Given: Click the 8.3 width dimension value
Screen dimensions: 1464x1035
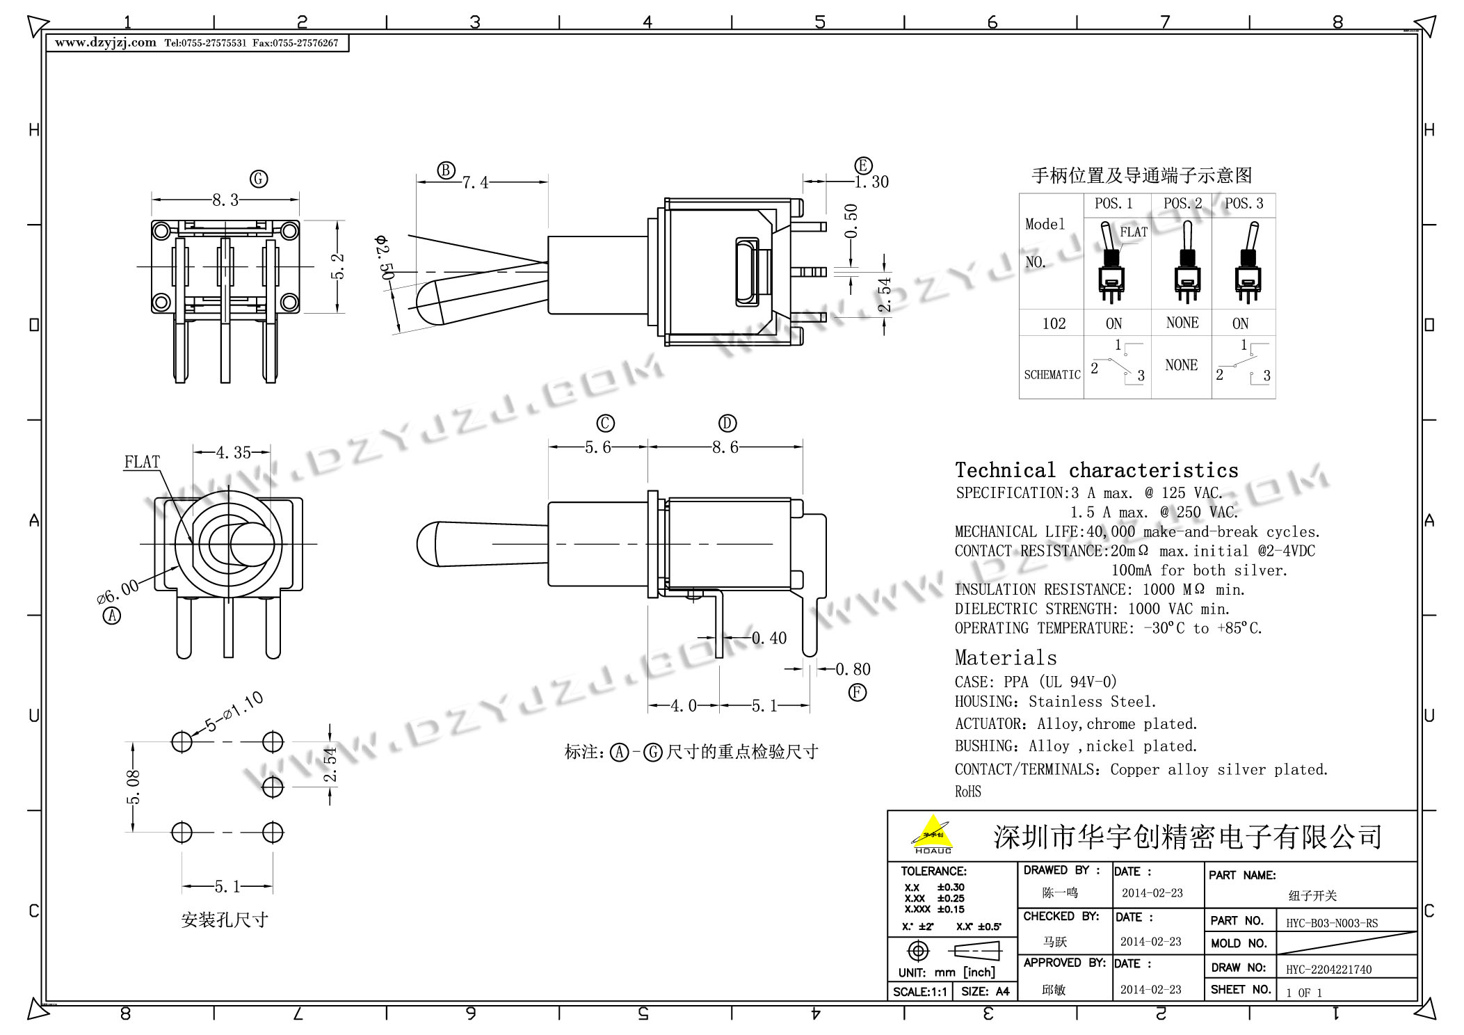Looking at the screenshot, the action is pos(225,200).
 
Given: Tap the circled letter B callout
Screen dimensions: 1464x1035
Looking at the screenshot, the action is pos(446,170).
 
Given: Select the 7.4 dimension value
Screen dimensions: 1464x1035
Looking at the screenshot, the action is pos(476,182).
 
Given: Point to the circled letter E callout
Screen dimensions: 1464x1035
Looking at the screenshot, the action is pos(863,166).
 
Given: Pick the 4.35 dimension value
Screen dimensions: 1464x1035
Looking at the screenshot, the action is pos(233,453).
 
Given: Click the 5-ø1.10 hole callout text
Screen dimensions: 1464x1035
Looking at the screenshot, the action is pos(234,712).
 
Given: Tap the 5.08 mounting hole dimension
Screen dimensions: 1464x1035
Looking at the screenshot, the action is pos(134,787).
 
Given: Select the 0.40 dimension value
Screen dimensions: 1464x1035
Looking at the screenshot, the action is pos(769,638).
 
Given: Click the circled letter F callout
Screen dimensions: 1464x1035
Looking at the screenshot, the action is pos(858,693).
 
